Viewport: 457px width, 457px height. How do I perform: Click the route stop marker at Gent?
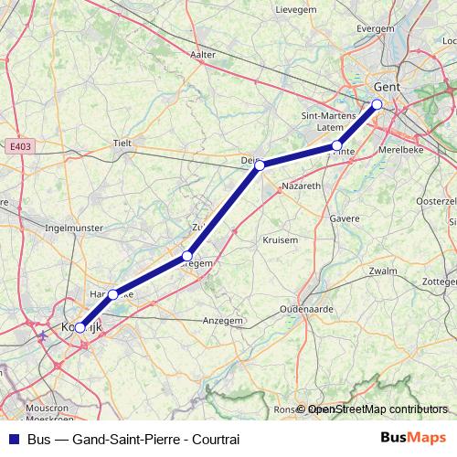(x=377, y=104)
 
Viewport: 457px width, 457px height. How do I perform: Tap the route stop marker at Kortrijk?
(x=80, y=327)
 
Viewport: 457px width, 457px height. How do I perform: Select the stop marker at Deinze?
(x=260, y=165)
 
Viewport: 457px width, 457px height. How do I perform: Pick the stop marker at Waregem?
(x=187, y=256)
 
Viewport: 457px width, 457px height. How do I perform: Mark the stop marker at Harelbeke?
(x=112, y=294)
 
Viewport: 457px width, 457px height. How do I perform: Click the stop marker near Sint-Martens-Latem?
(x=337, y=146)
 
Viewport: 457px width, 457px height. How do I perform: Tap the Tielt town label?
(x=122, y=143)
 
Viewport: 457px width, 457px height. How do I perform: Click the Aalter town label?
(x=203, y=55)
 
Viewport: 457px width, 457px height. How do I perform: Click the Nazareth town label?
(x=303, y=185)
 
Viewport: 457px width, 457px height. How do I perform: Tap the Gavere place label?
(x=345, y=219)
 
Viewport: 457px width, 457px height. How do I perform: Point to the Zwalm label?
(x=384, y=271)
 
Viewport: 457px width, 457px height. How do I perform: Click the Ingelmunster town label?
(x=74, y=227)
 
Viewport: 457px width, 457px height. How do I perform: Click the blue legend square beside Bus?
(x=13, y=439)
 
